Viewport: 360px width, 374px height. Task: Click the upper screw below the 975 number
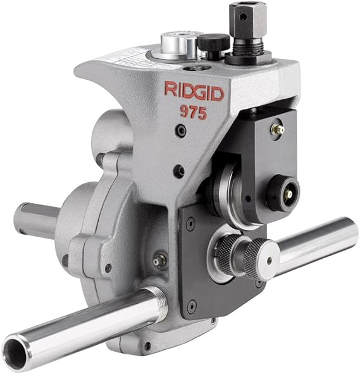click(182, 132)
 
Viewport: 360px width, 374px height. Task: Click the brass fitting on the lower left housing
click(156, 260)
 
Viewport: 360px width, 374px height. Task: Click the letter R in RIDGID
click(170, 89)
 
